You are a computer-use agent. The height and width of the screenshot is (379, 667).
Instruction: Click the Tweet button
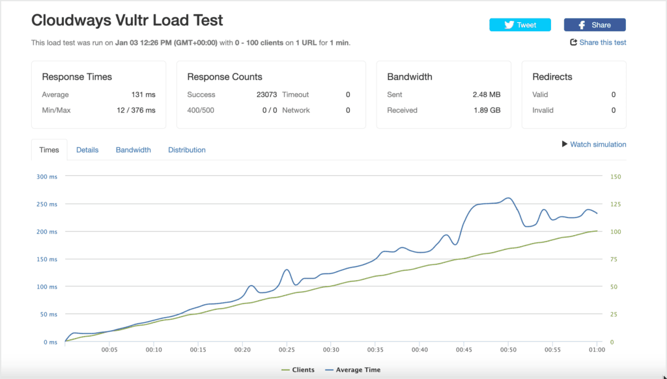pyautogui.click(x=520, y=25)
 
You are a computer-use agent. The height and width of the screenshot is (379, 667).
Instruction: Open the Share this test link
pyautogui.click(x=598, y=42)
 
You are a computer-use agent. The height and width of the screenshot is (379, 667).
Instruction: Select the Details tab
pyautogui.click(x=87, y=150)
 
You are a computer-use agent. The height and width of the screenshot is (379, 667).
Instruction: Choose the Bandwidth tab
pyautogui.click(x=133, y=150)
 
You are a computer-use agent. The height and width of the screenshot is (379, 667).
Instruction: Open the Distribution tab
pyautogui.click(x=187, y=150)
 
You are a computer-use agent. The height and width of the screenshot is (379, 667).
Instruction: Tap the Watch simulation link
pyautogui.click(x=594, y=144)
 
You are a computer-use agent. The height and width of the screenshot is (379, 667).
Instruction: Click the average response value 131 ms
pyautogui.click(x=143, y=94)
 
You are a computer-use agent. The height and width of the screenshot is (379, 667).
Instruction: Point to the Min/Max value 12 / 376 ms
pyautogui.click(x=136, y=110)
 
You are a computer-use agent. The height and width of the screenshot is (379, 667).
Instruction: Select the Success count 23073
pyautogui.click(x=266, y=94)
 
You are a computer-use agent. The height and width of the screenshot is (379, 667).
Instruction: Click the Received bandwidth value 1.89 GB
pyautogui.click(x=487, y=110)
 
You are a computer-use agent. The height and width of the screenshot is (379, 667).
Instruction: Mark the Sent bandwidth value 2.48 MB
pyautogui.click(x=487, y=94)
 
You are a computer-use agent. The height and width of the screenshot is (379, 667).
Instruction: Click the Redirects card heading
pyautogui.click(x=552, y=77)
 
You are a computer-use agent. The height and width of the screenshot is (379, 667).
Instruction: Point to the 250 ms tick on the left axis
pyautogui.click(x=47, y=204)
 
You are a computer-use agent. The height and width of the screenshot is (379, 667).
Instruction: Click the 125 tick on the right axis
pyautogui.click(x=616, y=204)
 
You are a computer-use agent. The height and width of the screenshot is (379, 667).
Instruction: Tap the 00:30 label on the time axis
pyautogui.click(x=331, y=350)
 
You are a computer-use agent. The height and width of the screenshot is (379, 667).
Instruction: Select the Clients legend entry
pyautogui.click(x=298, y=370)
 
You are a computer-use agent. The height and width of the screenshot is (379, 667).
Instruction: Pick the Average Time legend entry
pyautogui.click(x=352, y=370)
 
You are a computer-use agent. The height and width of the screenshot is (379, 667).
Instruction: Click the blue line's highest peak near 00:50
pyautogui.click(x=508, y=198)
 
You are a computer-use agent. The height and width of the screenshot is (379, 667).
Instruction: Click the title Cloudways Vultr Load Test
pyautogui.click(x=127, y=20)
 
